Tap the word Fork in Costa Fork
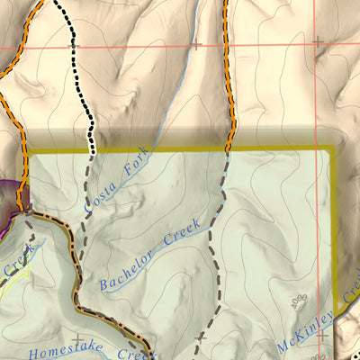[x=132, y=166]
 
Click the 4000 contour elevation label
[x=297, y=306]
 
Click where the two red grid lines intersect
[x=317, y=42]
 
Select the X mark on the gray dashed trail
[x=201, y=337]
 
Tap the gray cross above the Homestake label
[x=78, y=339]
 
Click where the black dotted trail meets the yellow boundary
[x=91, y=150]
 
